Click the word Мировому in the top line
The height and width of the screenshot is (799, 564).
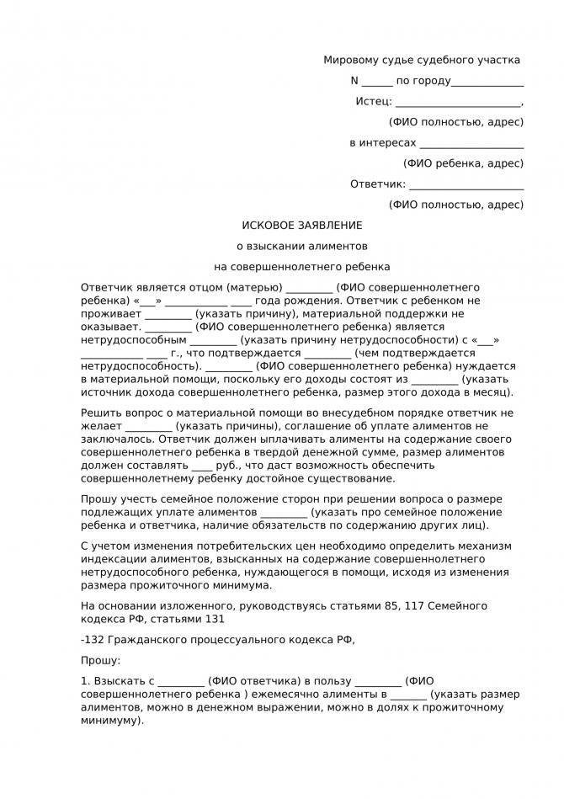tap(349, 60)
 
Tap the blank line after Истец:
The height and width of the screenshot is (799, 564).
tap(458, 102)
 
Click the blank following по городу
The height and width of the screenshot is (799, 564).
tap(487, 81)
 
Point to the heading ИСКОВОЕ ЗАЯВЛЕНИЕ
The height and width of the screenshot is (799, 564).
tap(302, 226)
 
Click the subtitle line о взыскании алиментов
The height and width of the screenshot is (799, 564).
tap(302, 247)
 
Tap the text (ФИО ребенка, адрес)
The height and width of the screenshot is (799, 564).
tap(463, 163)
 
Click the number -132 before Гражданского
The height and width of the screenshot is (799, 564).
tap(93, 640)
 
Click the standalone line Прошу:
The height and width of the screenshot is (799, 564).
tap(101, 661)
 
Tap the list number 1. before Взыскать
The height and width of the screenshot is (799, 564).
tap(85, 681)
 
